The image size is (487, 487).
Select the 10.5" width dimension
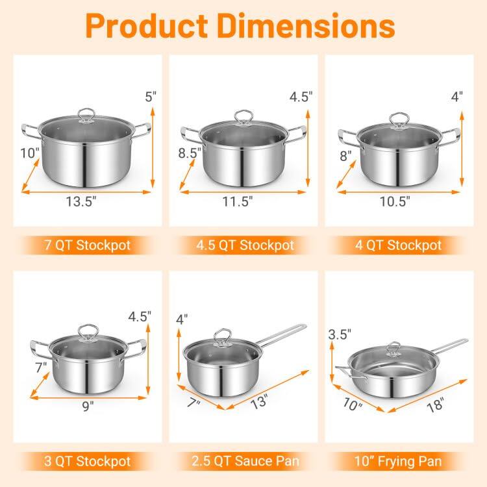tap(395, 202)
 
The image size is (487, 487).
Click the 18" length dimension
tap(436, 406)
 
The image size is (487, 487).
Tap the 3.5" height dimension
tap(340, 335)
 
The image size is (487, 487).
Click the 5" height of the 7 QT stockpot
tap(151, 97)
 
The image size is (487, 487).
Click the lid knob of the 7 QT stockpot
tap(86, 115)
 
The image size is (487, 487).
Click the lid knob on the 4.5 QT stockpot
tap(243, 117)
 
